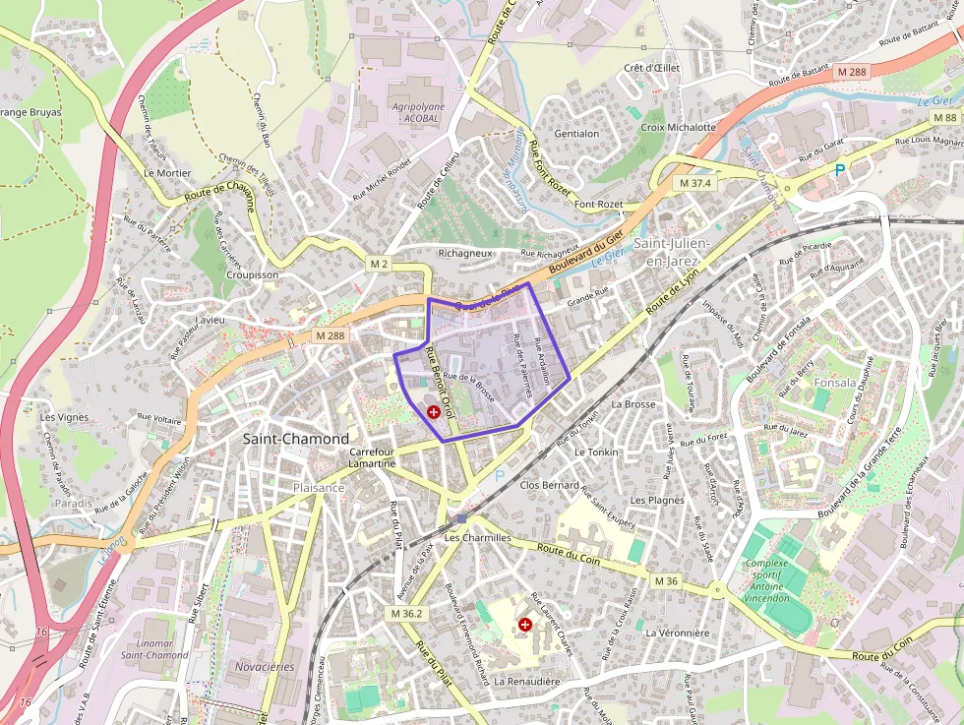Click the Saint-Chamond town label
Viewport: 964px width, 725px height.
[295, 439]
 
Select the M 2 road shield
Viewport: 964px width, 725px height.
[380, 264]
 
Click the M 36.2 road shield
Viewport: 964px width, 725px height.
[405, 613]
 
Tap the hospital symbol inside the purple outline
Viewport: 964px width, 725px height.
[434, 412]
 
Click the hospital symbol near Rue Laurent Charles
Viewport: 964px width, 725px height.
[524, 625]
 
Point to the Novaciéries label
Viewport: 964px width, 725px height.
[265, 666]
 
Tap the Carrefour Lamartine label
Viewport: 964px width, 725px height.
[372, 457]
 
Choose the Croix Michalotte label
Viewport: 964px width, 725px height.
[679, 127]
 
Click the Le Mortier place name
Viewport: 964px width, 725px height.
[167, 172]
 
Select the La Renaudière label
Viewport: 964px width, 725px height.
[527, 681]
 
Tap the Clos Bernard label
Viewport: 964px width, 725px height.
[549, 485]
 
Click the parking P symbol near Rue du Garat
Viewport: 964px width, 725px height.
[839, 170]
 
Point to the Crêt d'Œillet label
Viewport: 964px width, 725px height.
[651, 68]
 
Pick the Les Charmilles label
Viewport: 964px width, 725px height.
[478, 538]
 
